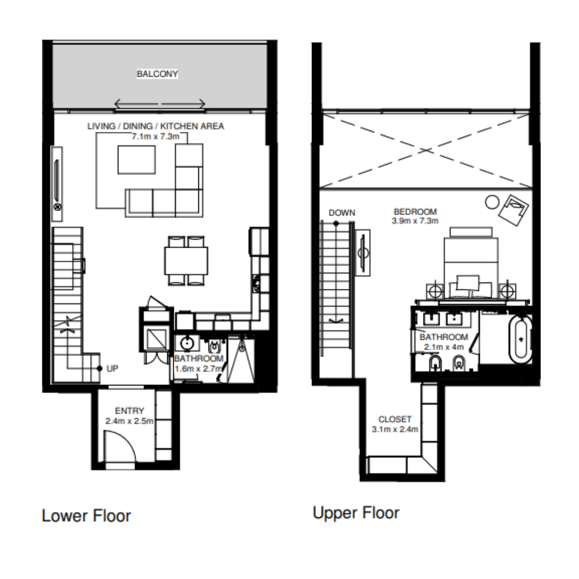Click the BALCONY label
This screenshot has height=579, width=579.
pyautogui.click(x=157, y=74)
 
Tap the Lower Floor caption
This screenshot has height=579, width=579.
pyautogui.click(x=86, y=516)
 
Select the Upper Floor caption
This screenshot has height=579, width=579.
pyautogui.click(x=356, y=513)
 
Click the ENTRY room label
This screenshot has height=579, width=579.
pyautogui.click(x=129, y=411)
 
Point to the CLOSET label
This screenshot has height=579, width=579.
pyautogui.click(x=395, y=419)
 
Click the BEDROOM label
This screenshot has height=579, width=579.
pyautogui.click(x=415, y=212)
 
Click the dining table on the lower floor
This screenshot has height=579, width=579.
pyautogui.click(x=186, y=261)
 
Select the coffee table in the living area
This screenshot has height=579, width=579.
pyautogui.click(x=137, y=160)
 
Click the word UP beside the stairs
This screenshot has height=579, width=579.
pyautogui.click(x=112, y=368)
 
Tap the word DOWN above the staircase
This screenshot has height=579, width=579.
pyautogui.click(x=342, y=213)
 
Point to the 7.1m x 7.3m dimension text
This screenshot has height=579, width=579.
pyautogui.click(x=155, y=136)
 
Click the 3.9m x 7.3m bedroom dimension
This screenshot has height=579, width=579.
pyautogui.click(x=415, y=221)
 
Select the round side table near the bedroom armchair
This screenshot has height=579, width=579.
pyautogui.click(x=492, y=202)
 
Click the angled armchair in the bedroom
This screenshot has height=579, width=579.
pyautogui.click(x=513, y=210)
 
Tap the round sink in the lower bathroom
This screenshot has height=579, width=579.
pyautogui.click(x=187, y=344)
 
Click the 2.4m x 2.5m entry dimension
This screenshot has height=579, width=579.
pyautogui.click(x=129, y=421)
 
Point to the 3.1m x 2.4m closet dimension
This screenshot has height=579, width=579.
pyautogui.click(x=395, y=429)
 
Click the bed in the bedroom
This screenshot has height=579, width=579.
pyautogui.click(x=471, y=264)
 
